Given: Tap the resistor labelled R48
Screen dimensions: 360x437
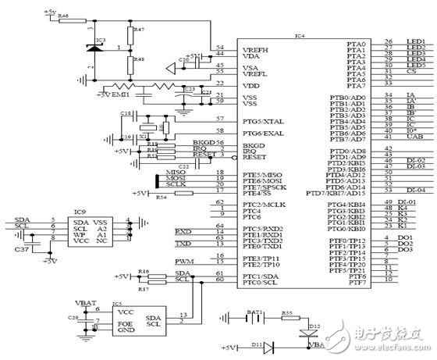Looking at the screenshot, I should tap(127, 60).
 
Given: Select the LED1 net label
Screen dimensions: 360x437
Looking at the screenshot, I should tap(414, 43).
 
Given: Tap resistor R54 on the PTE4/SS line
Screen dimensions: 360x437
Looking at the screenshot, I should tap(161, 195).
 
